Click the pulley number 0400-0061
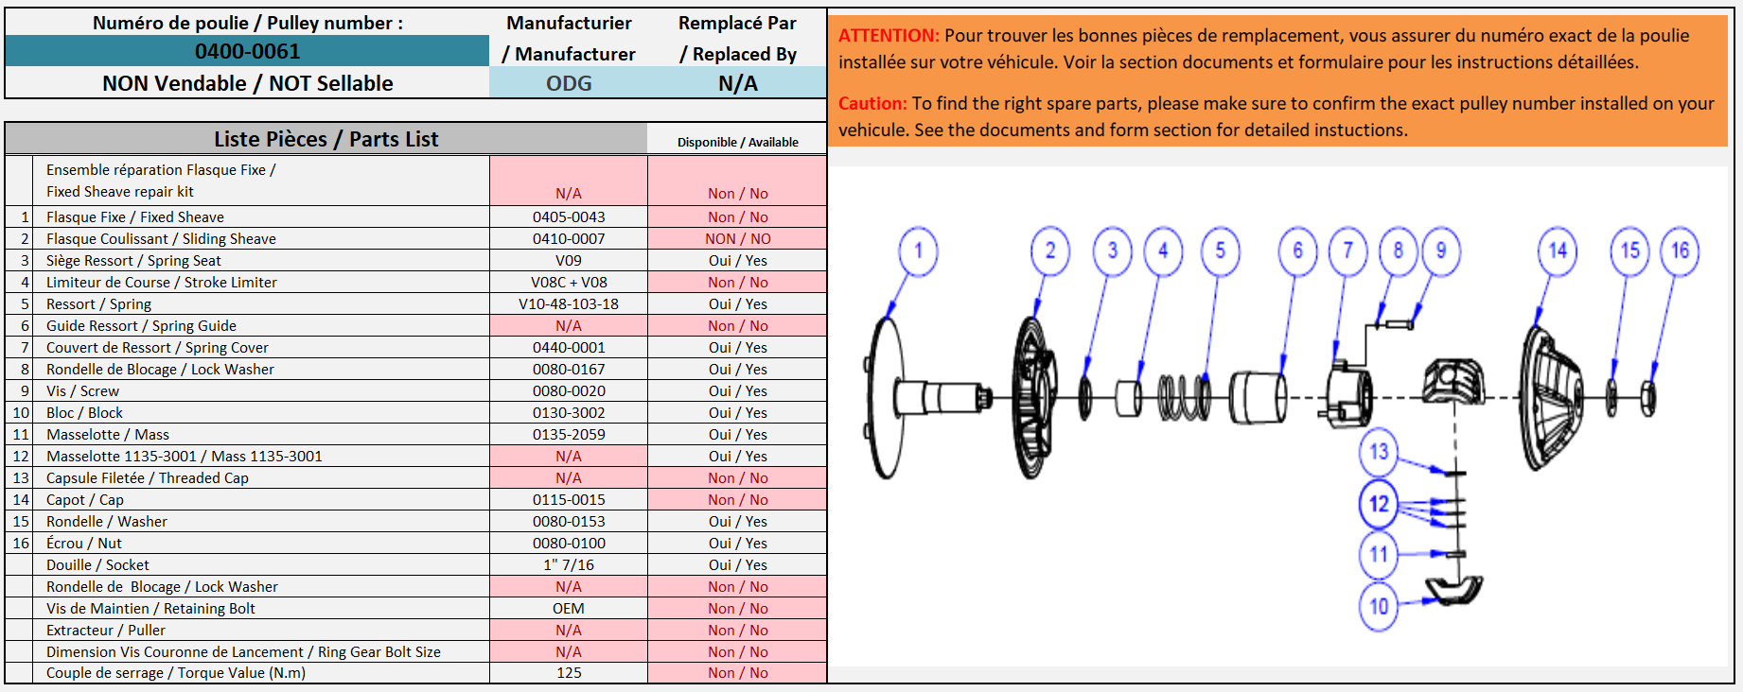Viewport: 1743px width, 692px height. click(x=247, y=51)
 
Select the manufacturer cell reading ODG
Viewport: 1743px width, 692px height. click(x=569, y=83)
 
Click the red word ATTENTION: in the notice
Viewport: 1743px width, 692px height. click(x=889, y=35)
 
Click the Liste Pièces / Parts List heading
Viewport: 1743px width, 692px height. click(x=326, y=139)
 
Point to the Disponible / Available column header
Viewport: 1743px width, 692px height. click(x=738, y=142)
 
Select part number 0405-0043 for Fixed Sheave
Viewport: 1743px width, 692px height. click(x=569, y=216)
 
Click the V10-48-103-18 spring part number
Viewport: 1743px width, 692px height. click(x=569, y=303)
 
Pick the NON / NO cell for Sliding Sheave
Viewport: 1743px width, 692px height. click(x=738, y=239)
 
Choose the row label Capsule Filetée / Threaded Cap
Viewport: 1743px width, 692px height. click(x=148, y=477)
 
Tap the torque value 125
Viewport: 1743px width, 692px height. click(x=569, y=672)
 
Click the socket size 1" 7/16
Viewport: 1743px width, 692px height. click(x=569, y=564)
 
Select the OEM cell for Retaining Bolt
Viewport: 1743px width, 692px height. click(x=569, y=608)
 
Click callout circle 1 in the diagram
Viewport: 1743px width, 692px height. click(x=918, y=251)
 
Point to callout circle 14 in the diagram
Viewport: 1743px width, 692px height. click(x=1558, y=251)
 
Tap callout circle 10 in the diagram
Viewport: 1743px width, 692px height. click(x=1379, y=606)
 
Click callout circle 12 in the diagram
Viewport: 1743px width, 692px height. click(x=1379, y=504)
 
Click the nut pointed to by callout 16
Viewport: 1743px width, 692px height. click(x=1647, y=398)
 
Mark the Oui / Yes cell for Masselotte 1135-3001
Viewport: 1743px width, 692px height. click(x=738, y=456)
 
